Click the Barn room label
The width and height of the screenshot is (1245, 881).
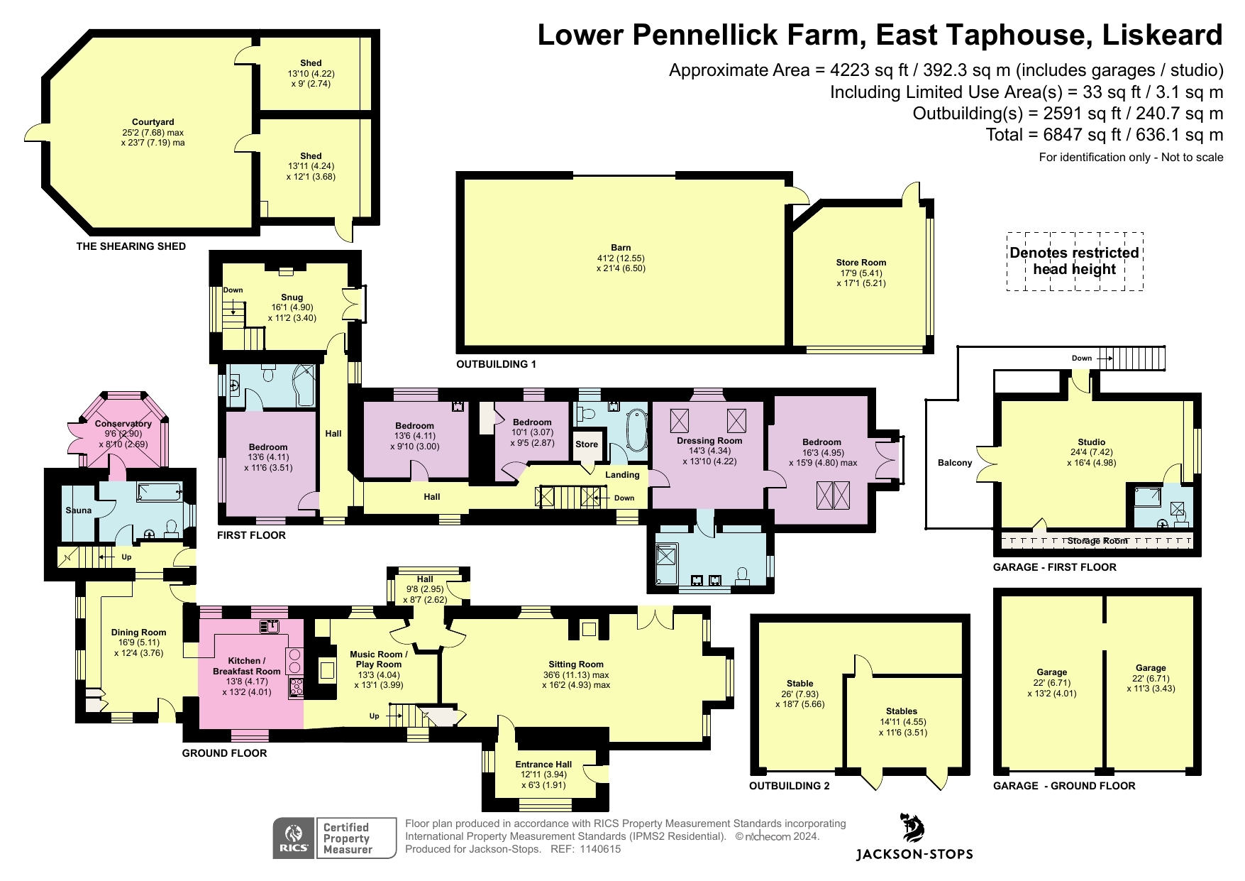(x=621, y=248)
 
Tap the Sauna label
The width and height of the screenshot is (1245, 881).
(x=79, y=510)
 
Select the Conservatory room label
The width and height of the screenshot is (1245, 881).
(x=123, y=424)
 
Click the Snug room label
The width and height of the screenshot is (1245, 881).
(x=292, y=297)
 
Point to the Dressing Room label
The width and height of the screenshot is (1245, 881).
(x=709, y=440)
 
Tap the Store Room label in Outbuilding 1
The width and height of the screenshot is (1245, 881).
(x=861, y=263)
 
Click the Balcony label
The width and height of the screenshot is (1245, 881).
(x=955, y=463)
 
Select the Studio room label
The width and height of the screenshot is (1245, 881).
(x=1091, y=442)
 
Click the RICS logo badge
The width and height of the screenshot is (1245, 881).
(x=294, y=838)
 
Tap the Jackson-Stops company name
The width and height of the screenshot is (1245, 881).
(x=914, y=855)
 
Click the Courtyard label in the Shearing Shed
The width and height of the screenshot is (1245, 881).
(x=153, y=122)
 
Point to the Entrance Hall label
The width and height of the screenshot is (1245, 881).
(x=543, y=765)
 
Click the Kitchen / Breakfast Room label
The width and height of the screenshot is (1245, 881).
(x=247, y=666)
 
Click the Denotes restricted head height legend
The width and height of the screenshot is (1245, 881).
(x=1075, y=261)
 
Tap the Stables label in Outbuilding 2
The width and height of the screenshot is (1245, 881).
(x=902, y=711)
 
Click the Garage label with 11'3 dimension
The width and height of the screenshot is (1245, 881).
(x=1151, y=668)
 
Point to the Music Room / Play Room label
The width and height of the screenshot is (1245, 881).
(x=379, y=660)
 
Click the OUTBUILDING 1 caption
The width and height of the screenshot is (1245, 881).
(x=496, y=364)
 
